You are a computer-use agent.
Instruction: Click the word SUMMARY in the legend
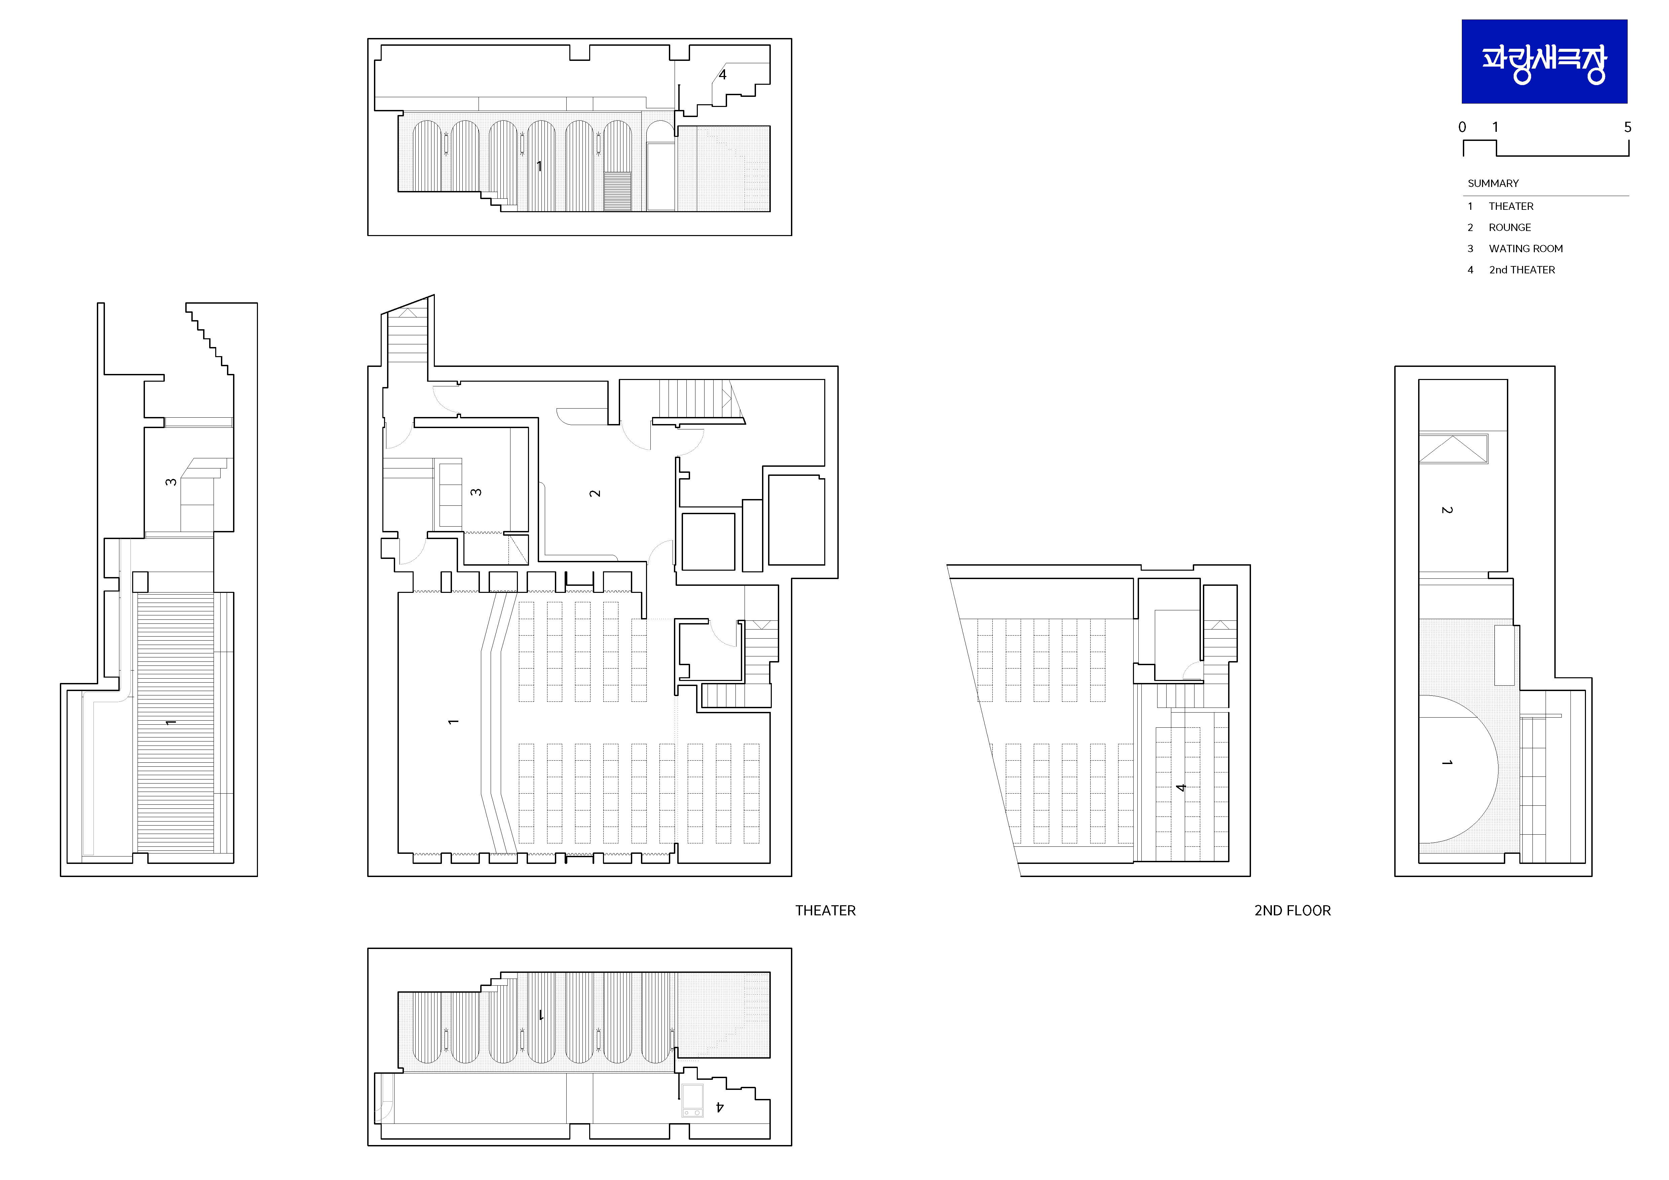[1493, 183]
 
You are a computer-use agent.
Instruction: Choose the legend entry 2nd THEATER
[1522, 270]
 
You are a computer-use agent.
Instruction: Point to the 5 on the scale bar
[1628, 127]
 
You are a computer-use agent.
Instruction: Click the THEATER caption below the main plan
[825, 910]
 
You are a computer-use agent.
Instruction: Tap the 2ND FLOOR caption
[1292, 910]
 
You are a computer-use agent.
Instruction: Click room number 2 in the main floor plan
[595, 493]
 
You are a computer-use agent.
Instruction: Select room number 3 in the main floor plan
[476, 492]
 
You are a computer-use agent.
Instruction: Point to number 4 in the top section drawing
[723, 74]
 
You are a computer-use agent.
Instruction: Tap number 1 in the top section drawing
[539, 166]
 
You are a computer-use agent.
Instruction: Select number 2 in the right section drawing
[1447, 510]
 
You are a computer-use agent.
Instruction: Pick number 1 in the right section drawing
[1447, 763]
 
